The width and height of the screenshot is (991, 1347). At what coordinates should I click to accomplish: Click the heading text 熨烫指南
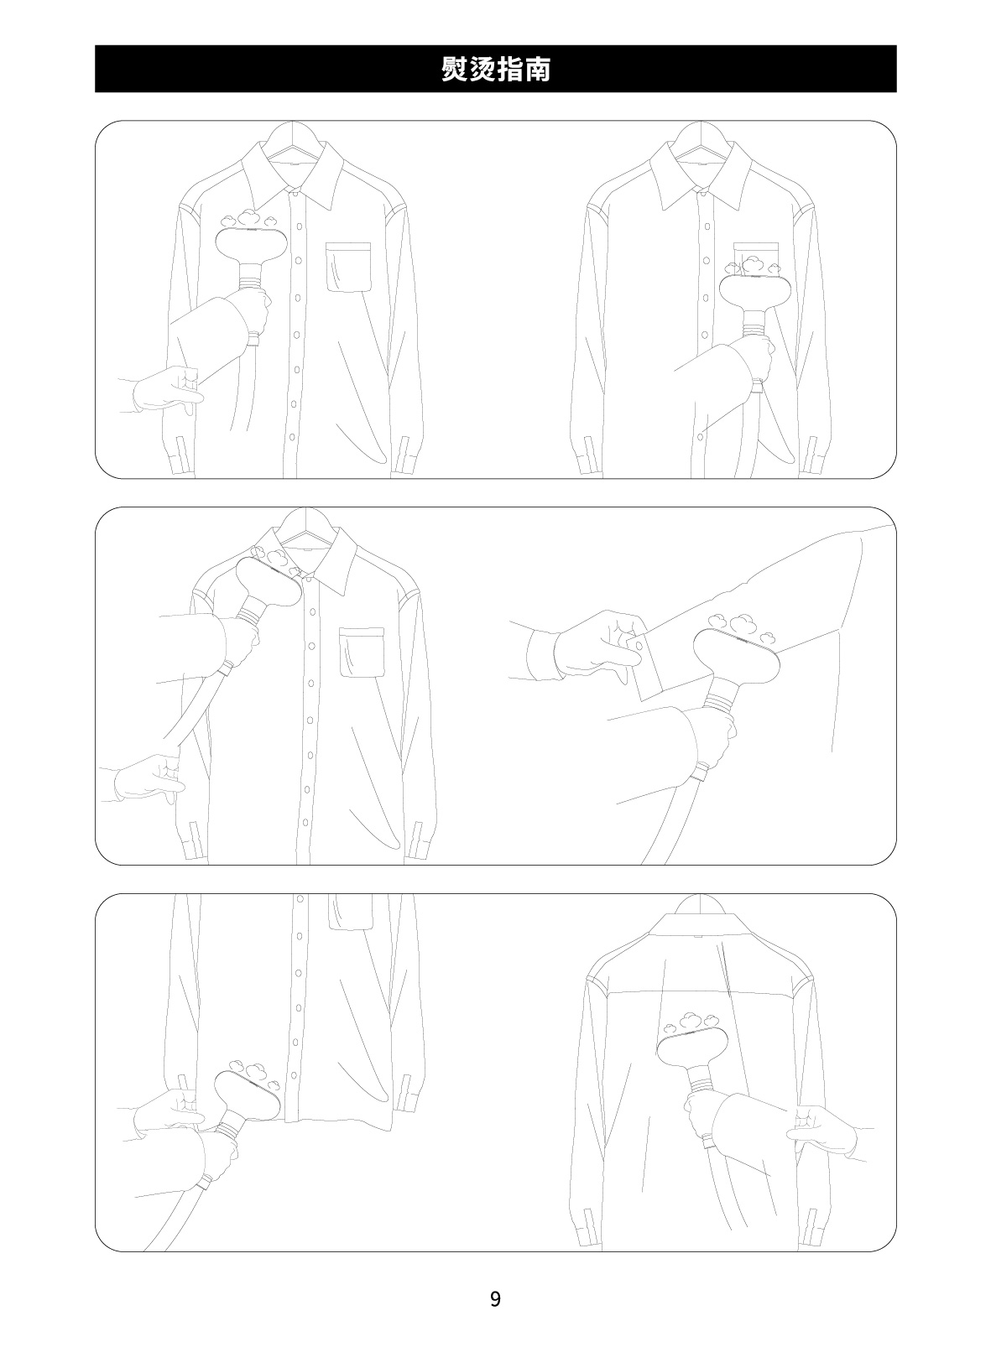[495, 69]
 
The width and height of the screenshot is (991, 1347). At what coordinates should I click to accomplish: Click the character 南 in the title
[537, 69]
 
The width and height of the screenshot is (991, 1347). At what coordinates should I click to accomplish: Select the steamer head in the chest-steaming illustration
[248, 246]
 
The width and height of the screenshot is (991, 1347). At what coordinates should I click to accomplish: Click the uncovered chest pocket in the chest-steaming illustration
[348, 267]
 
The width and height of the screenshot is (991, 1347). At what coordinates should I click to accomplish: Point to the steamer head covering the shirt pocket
[752, 292]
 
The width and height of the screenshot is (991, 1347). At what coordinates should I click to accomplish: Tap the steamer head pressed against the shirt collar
[268, 581]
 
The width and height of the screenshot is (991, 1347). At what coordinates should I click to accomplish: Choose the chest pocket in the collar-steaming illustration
[362, 653]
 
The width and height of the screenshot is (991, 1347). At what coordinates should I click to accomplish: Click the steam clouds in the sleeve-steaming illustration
[741, 626]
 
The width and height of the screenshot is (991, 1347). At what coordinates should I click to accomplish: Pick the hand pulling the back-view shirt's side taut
[822, 1131]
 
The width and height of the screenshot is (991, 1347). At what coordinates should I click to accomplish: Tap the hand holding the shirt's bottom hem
[169, 1112]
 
